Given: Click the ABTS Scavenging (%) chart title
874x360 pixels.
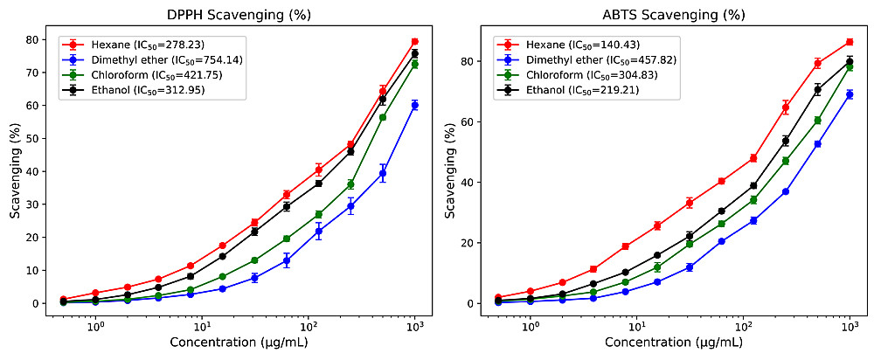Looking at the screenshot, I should (662, 15).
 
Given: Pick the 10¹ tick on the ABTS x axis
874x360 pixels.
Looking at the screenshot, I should (637, 324).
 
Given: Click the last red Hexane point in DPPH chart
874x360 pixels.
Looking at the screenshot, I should (415, 41).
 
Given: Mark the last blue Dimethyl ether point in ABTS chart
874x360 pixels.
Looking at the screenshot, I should (849, 94).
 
